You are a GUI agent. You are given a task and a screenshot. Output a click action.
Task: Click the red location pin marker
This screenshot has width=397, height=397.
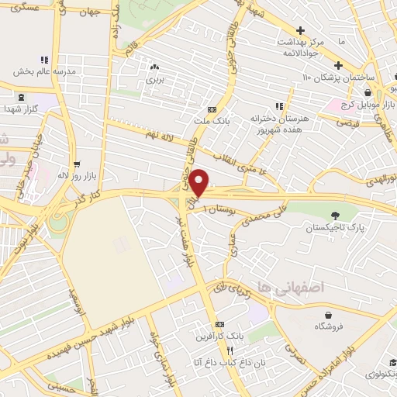(x=199, y=181)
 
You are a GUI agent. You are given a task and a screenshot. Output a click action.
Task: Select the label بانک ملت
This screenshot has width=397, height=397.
(x=212, y=121)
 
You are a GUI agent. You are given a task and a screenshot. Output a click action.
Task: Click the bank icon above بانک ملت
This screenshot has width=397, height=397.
(x=212, y=109)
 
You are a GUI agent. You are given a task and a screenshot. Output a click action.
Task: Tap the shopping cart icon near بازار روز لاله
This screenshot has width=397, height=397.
(x=77, y=164)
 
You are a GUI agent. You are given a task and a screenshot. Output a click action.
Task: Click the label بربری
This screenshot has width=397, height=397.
(x=154, y=78)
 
